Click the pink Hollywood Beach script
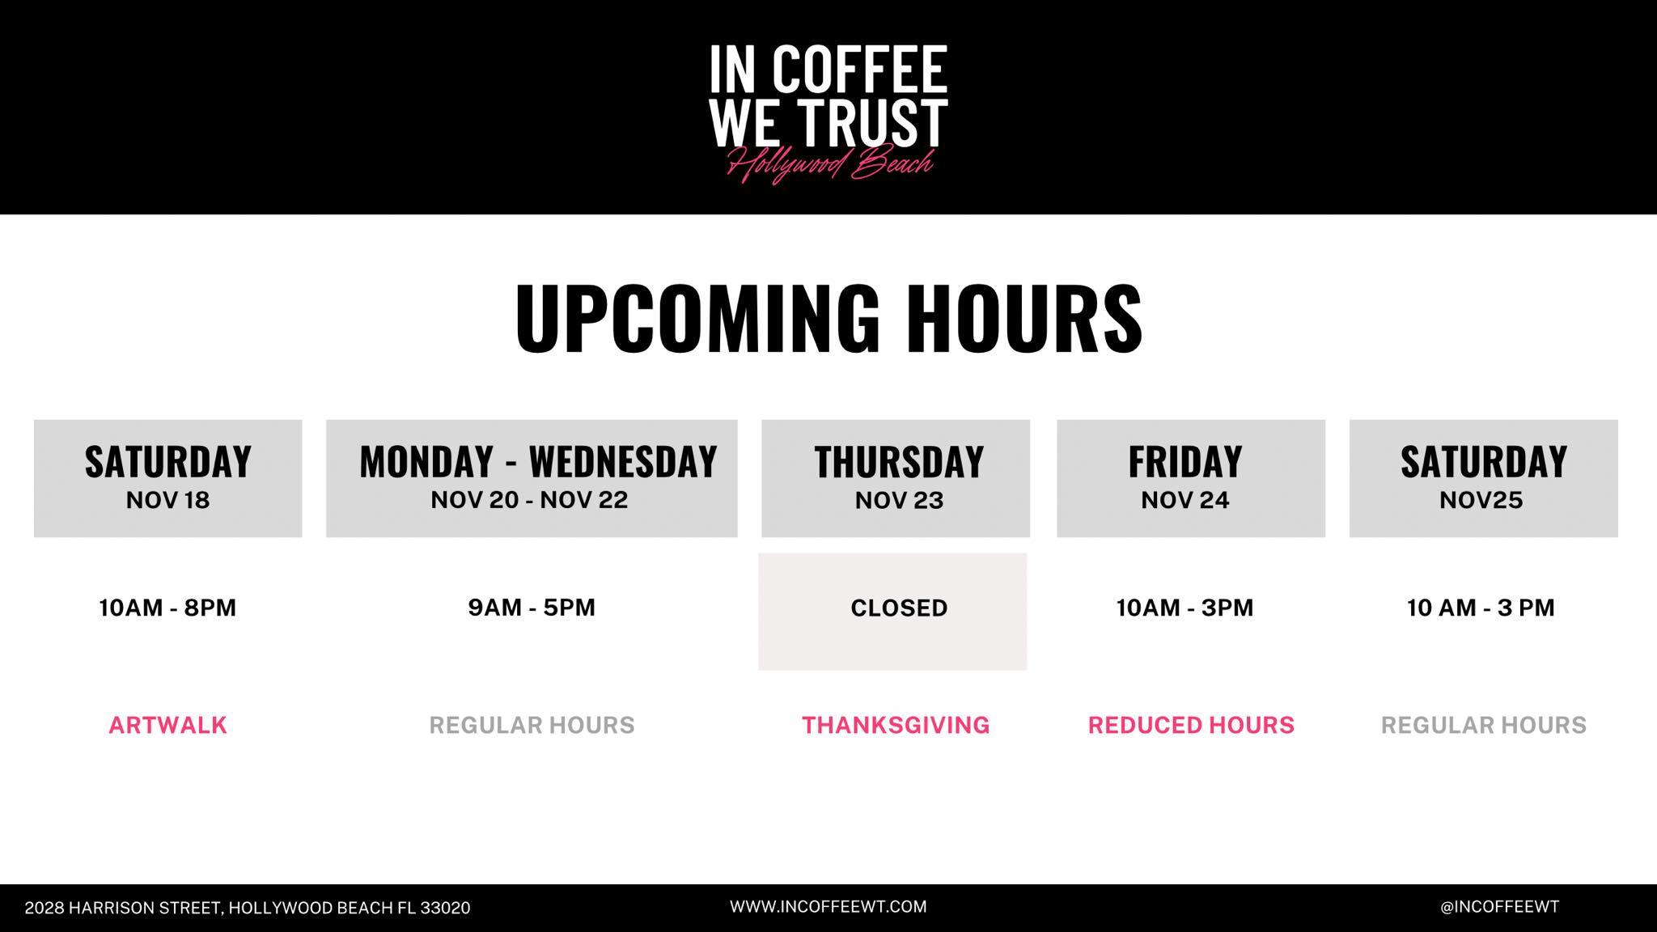point(830,165)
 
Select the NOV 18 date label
point(167,500)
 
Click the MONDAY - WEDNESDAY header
point(538,462)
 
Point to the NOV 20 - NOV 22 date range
point(529,500)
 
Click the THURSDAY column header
point(899,462)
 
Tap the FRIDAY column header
point(1185,462)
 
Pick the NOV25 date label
point(1481,500)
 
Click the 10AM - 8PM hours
point(167,608)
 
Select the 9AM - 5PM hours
point(532,608)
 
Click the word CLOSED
point(899,608)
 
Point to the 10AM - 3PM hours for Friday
point(1185,608)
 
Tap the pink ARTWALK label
point(167,725)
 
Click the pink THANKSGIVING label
point(896,725)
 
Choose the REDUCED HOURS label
point(1191,725)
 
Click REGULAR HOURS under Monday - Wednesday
point(532,725)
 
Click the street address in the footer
point(248,908)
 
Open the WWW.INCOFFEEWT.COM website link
point(828,907)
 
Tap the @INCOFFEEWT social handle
point(1500,907)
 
